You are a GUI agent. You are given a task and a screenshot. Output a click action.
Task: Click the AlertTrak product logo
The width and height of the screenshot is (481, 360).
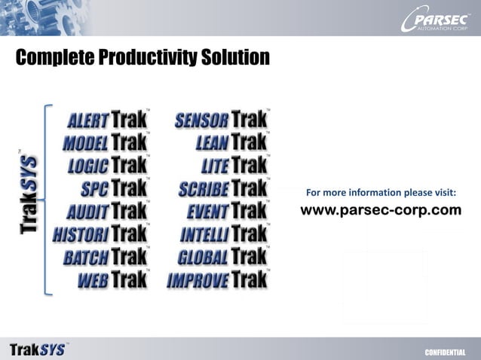(108, 119)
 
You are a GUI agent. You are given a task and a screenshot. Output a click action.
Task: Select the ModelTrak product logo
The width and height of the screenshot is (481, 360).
(105, 142)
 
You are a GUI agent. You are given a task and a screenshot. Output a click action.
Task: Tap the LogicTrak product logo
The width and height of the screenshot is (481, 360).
(108, 165)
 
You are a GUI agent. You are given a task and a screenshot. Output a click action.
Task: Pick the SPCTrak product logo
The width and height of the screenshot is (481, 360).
(114, 188)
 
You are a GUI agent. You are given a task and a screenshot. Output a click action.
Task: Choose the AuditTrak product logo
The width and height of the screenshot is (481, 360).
(106, 211)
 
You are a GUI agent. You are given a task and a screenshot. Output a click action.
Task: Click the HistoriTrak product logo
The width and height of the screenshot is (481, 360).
(100, 233)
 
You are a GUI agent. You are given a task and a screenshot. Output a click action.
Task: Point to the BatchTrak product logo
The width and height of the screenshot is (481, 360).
(105, 257)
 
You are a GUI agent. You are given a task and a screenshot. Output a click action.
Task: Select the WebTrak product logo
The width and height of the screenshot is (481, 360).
(112, 279)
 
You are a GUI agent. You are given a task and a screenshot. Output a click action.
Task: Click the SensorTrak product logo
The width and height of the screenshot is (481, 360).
(221, 119)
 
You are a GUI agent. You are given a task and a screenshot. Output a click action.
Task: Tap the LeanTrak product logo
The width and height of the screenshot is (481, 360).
(231, 142)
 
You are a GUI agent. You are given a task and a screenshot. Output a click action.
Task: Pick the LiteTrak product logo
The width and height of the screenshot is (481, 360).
(234, 165)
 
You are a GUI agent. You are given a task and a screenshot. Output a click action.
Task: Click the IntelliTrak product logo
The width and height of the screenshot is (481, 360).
(224, 233)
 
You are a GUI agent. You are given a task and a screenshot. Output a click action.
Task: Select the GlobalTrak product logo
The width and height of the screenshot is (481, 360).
(222, 257)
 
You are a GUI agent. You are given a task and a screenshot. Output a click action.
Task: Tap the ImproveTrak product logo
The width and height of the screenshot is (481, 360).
(217, 279)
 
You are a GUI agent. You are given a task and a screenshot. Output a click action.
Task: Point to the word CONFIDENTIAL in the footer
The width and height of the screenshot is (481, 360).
(446, 352)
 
